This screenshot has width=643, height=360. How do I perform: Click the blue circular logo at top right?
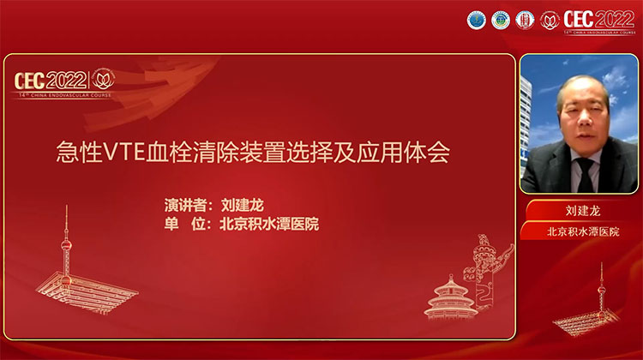(476, 20)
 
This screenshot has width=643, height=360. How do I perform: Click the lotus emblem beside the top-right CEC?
(550, 19)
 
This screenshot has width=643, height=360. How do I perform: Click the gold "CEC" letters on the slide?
(33, 81)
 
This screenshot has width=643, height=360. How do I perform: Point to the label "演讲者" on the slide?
(185, 207)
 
